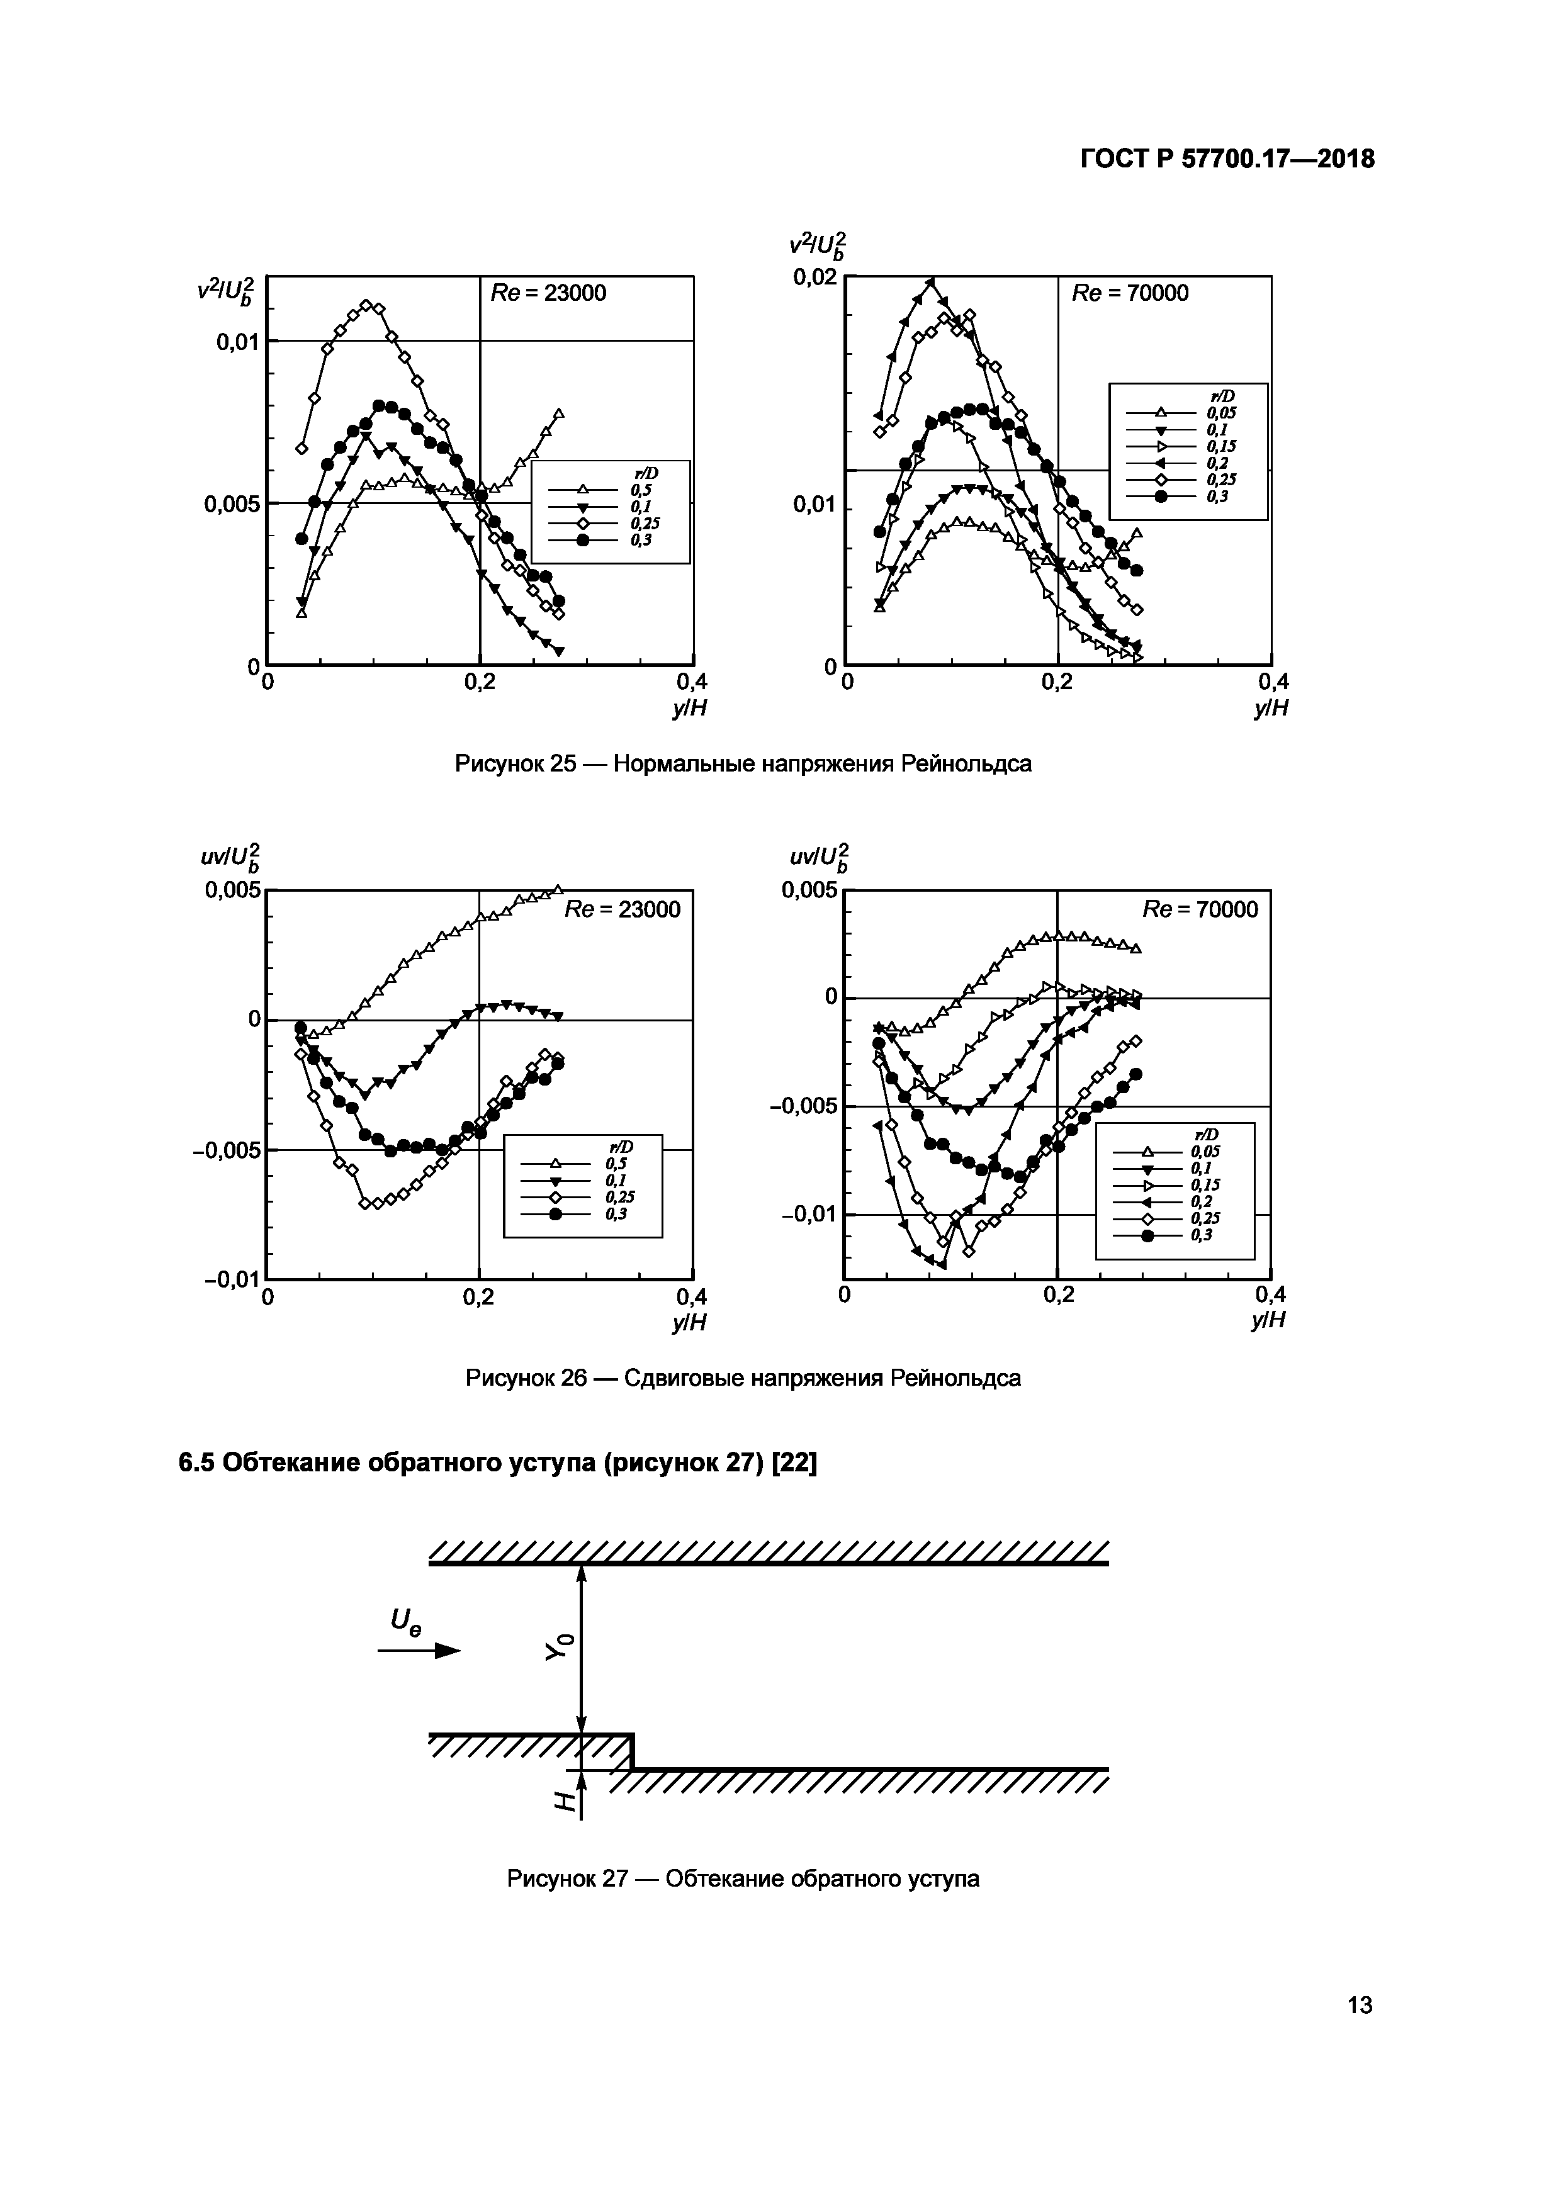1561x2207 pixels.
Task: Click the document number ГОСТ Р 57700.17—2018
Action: pos(1227,159)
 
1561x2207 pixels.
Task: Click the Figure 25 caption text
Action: pos(742,764)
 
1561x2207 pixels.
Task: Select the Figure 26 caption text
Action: pos(743,1378)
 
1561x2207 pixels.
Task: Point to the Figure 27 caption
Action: pos(743,1878)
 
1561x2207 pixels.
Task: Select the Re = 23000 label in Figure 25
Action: pos(549,293)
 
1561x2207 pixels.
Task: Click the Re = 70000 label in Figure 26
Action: pos(1200,909)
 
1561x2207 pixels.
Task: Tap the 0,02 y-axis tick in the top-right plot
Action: pos(814,278)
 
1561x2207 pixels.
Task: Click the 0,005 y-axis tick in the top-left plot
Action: pos(232,503)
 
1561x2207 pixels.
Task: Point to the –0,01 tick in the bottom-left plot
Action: pos(232,1278)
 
